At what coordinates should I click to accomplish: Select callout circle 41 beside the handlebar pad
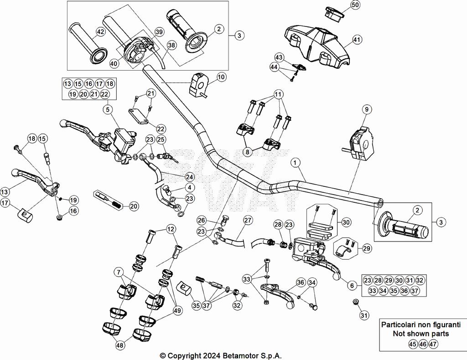(357, 40)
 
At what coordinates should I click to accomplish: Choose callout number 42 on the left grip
(100, 32)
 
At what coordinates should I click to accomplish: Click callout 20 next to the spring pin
(133, 206)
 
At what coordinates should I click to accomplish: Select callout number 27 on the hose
(248, 221)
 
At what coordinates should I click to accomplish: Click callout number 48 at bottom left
(120, 346)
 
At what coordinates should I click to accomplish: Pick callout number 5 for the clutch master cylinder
(108, 109)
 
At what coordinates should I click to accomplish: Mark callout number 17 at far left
(5, 203)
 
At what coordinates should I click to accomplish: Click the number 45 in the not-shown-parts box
(412, 345)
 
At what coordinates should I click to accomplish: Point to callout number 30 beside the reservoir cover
(346, 222)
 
